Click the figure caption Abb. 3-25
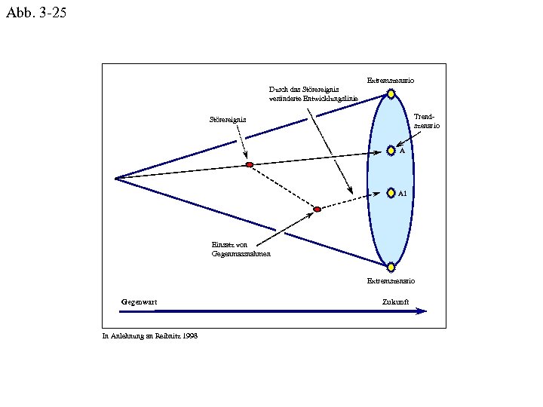[x=35, y=13]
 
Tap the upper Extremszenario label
[x=390, y=80]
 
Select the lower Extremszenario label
[x=390, y=280]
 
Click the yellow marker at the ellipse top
[x=391, y=94]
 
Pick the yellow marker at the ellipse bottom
[x=391, y=266]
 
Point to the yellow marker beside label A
[x=391, y=151]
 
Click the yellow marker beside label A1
[x=391, y=193]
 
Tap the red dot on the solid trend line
[x=249, y=164]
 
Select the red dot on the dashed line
[x=317, y=209]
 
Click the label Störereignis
[x=228, y=119]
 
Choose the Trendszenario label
[x=426, y=121]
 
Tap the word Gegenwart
[x=140, y=301]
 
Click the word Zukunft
[x=395, y=301]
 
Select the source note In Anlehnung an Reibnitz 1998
[x=150, y=336]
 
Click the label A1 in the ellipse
[x=403, y=194]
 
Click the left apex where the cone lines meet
[x=115, y=179]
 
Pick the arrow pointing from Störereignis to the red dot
[x=242, y=142]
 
